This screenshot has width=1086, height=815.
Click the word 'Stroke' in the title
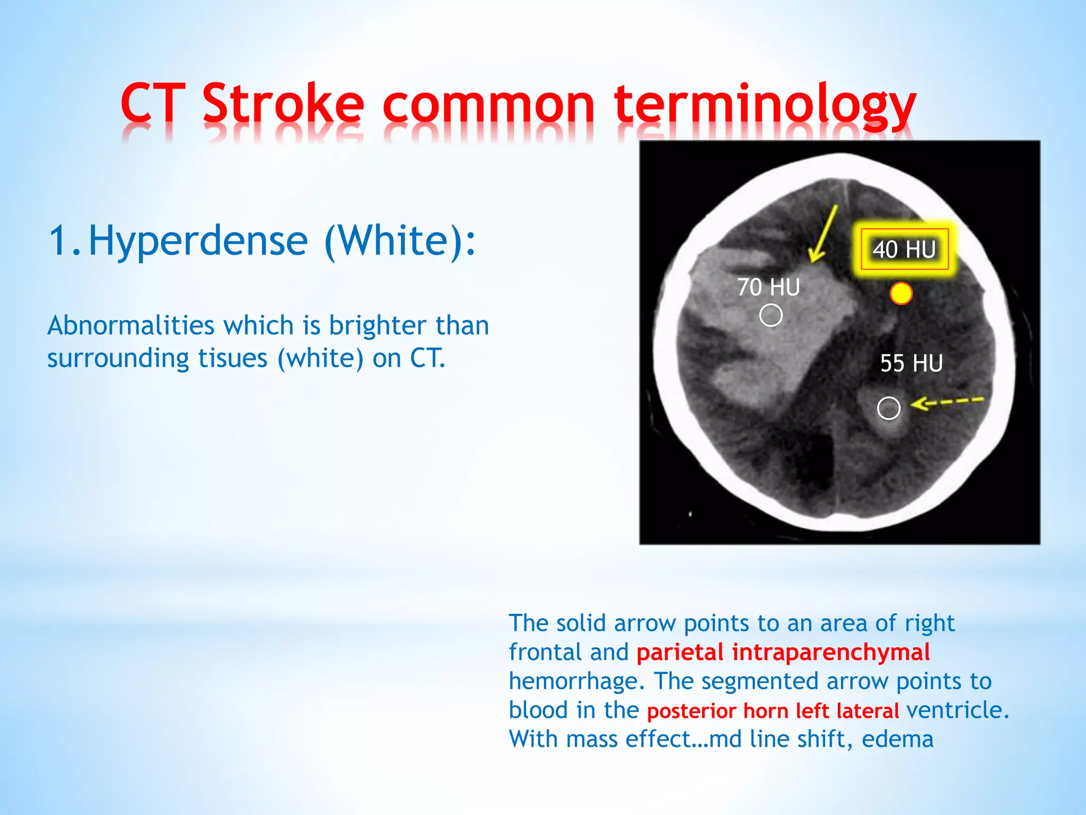(283, 103)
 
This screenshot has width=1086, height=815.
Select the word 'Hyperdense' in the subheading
(198, 240)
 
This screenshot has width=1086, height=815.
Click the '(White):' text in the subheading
(400, 240)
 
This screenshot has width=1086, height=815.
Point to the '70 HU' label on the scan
(768, 288)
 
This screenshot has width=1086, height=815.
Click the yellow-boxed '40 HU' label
(904, 249)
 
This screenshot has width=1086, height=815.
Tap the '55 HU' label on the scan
(911, 363)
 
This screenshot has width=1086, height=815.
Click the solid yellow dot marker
(901, 293)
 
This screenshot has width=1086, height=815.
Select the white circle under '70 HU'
(770, 315)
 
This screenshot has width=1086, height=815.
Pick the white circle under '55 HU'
(889, 408)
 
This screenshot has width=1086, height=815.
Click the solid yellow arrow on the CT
(824, 235)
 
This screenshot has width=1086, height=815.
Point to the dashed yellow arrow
(947, 402)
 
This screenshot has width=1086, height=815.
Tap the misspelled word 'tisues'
(233, 358)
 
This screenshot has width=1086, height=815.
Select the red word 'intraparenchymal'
(831, 652)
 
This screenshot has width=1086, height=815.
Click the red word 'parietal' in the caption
(680, 652)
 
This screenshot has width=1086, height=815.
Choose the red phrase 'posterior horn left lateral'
(773, 710)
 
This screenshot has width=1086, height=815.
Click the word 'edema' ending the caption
(897, 739)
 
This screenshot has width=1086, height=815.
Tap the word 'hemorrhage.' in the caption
(577, 681)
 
